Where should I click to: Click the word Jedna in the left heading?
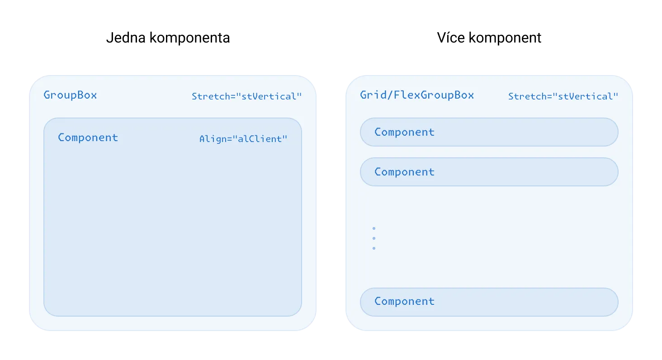point(126,38)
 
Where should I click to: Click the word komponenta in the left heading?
point(190,38)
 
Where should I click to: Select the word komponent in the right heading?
point(505,38)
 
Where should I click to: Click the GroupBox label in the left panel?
point(71,95)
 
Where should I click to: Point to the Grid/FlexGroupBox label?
point(417,95)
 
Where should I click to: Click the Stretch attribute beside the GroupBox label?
point(247,96)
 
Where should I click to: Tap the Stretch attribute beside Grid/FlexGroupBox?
point(563,96)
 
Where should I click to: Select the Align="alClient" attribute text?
point(243,139)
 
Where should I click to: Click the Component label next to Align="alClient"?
point(88,138)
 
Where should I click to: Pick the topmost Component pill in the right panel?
point(489,132)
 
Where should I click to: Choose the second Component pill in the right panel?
point(489,172)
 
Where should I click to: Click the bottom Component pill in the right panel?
point(489,302)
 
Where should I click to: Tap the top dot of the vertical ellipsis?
point(374,228)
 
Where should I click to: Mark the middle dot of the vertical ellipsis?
point(374,238)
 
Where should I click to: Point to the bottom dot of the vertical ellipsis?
point(374,248)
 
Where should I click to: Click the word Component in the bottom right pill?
point(405,302)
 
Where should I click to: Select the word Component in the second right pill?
point(405,172)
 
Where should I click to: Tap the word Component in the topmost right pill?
point(405,132)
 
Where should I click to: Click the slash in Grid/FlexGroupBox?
point(390,95)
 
